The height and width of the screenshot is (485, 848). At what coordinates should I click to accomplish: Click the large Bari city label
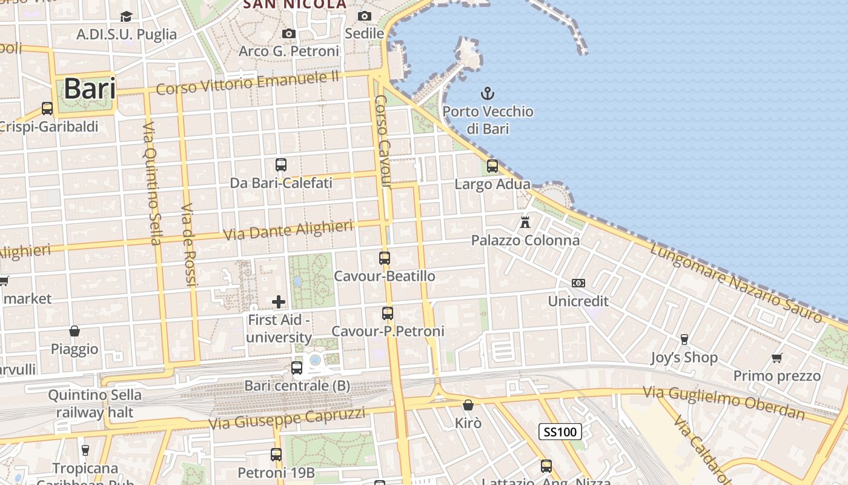tap(89, 89)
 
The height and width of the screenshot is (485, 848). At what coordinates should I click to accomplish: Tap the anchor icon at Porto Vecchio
tap(488, 93)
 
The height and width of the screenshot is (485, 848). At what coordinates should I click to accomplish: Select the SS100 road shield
tap(560, 432)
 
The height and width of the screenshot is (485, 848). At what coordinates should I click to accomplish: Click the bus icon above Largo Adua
tap(492, 166)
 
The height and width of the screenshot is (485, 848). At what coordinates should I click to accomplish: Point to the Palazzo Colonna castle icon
tap(525, 222)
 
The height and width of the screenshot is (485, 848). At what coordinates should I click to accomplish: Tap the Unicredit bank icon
tap(578, 283)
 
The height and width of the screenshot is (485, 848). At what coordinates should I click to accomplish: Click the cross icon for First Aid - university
tap(279, 301)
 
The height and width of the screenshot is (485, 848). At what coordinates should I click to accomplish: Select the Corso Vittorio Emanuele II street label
tap(248, 83)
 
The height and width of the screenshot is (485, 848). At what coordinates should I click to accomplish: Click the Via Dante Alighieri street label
tap(288, 230)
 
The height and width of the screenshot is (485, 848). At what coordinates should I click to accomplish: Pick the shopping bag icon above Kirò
tap(468, 404)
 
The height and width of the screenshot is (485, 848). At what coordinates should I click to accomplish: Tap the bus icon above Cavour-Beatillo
tap(385, 258)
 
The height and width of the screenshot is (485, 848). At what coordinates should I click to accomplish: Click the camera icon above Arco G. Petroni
tap(289, 33)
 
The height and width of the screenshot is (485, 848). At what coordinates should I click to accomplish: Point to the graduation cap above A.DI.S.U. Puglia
tap(126, 16)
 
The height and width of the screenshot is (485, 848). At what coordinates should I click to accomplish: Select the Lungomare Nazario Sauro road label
tap(737, 283)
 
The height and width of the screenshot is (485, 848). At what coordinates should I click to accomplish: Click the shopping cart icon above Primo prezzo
tap(777, 358)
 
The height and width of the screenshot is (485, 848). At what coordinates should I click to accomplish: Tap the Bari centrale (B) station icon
tap(297, 367)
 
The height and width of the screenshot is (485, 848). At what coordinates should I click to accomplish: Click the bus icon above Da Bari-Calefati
tap(281, 164)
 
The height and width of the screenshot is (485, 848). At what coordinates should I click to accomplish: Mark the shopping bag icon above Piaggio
tap(75, 330)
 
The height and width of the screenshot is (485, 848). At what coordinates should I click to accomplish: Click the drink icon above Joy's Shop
tap(684, 339)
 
